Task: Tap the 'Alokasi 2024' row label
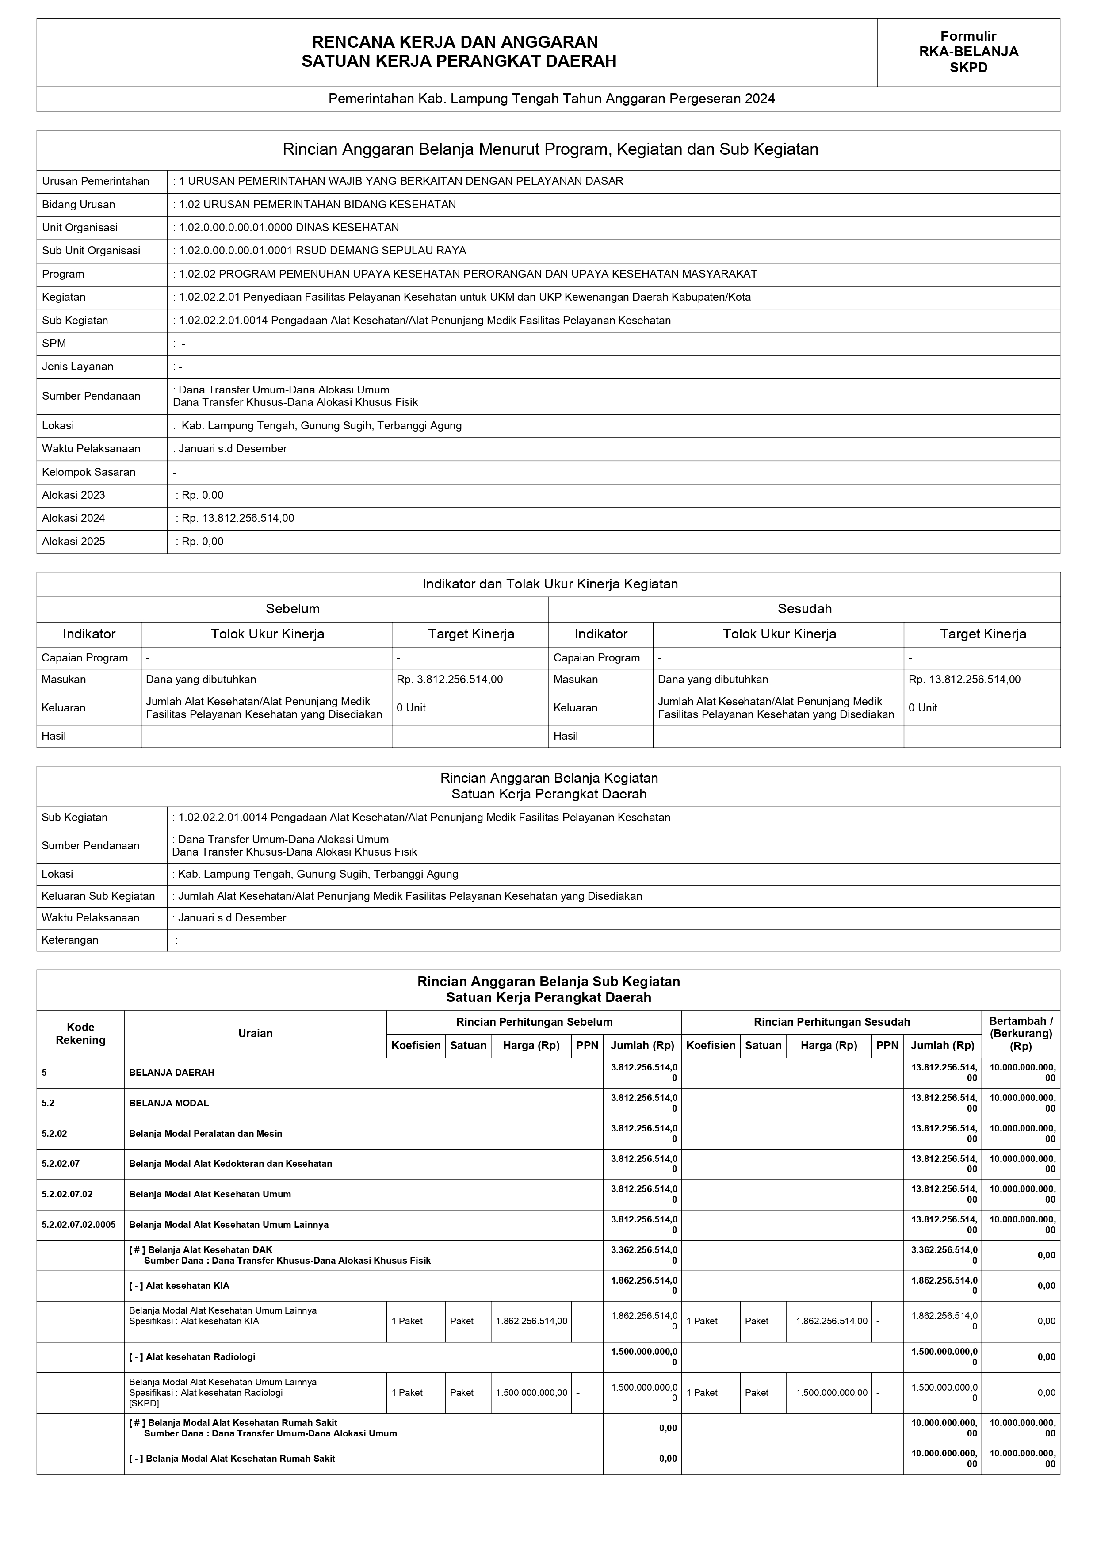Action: click(74, 518)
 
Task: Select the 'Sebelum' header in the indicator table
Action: click(292, 609)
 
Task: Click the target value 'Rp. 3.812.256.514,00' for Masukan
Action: click(449, 680)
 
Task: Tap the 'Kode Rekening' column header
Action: click(80, 1034)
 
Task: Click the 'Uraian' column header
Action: click(255, 1034)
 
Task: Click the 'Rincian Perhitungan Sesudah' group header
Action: click(831, 1022)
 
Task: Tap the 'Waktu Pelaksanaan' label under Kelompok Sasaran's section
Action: click(91, 449)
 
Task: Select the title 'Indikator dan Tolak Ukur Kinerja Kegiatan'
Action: click(550, 584)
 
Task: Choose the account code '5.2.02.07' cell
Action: click(61, 1164)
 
